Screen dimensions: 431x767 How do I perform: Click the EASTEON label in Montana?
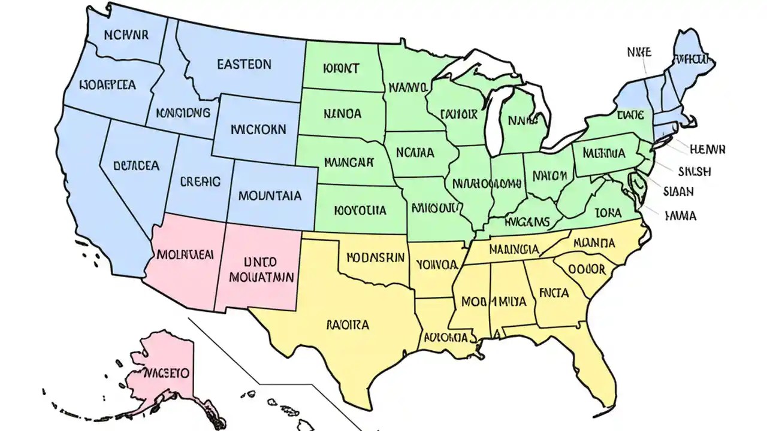[244, 64]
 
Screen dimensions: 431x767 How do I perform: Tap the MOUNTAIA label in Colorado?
[270, 195]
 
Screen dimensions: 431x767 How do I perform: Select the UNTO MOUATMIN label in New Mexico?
[261, 269]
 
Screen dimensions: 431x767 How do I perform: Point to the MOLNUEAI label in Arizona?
[185, 253]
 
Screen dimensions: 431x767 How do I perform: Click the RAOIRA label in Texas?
[348, 325]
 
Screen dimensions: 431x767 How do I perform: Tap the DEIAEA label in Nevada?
[137, 165]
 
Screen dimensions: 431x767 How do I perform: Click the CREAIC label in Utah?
[200, 181]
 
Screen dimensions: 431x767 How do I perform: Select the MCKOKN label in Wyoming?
[258, 129]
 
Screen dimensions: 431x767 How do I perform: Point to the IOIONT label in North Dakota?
[341, 68]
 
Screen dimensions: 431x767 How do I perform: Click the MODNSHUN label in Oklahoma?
[376, 257]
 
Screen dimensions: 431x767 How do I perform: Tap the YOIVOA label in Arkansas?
[437, 263]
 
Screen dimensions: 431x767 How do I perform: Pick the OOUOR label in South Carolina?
[587, 269]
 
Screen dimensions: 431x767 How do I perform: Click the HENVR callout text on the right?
[708, 149]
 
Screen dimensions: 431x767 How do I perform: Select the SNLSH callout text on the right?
[694, 171]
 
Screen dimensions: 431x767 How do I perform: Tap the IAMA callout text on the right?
[681, 215]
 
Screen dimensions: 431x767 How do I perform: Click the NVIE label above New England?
[639, 52]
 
